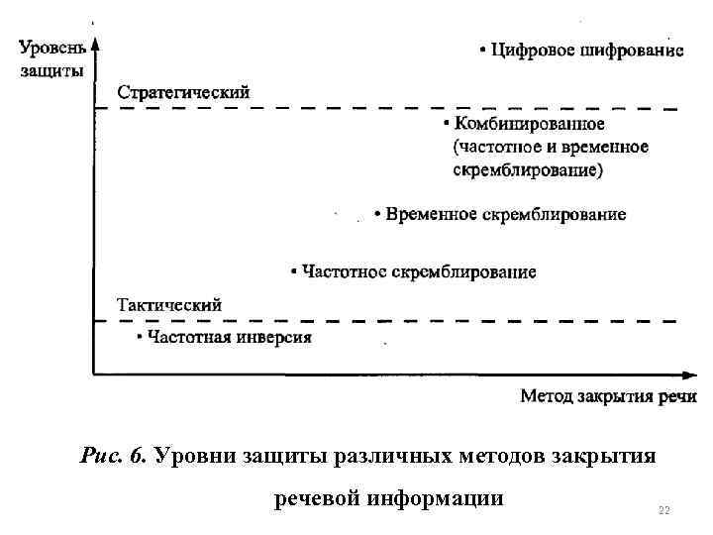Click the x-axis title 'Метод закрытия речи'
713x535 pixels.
click(x=608, y=396)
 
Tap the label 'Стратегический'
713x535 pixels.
click(x=184, y=91)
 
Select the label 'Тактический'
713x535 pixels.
click(x=169, y=305)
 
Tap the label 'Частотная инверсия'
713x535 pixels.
click(x=230, y=337)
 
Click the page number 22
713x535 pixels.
click(x=663, y=510)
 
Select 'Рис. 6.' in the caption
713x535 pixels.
click(x=113, y=456)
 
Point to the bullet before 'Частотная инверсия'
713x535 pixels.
click(x=140, y=338)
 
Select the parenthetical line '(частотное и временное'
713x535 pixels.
click(x=551, y=148)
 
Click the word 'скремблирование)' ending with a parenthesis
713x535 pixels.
click(x=527, y=169)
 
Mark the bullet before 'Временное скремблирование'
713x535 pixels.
click(x=377, y=215)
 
